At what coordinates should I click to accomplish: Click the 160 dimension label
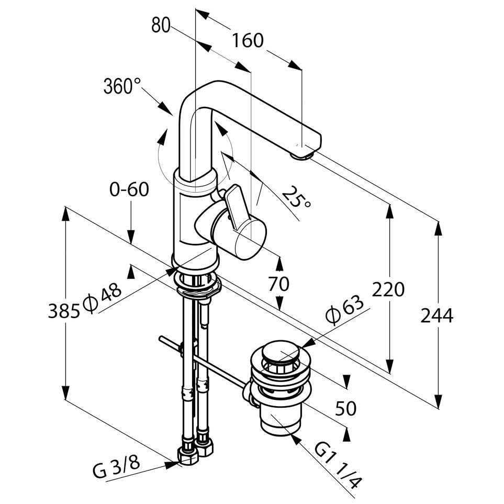coord(248,40)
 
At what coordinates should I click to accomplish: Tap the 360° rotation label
coord(122,85)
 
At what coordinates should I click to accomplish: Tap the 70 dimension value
coord(278,285)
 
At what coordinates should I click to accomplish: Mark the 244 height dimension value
coord(437,316)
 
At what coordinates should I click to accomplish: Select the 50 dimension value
coord(346,407)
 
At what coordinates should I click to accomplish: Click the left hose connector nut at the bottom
coord(187,455)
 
